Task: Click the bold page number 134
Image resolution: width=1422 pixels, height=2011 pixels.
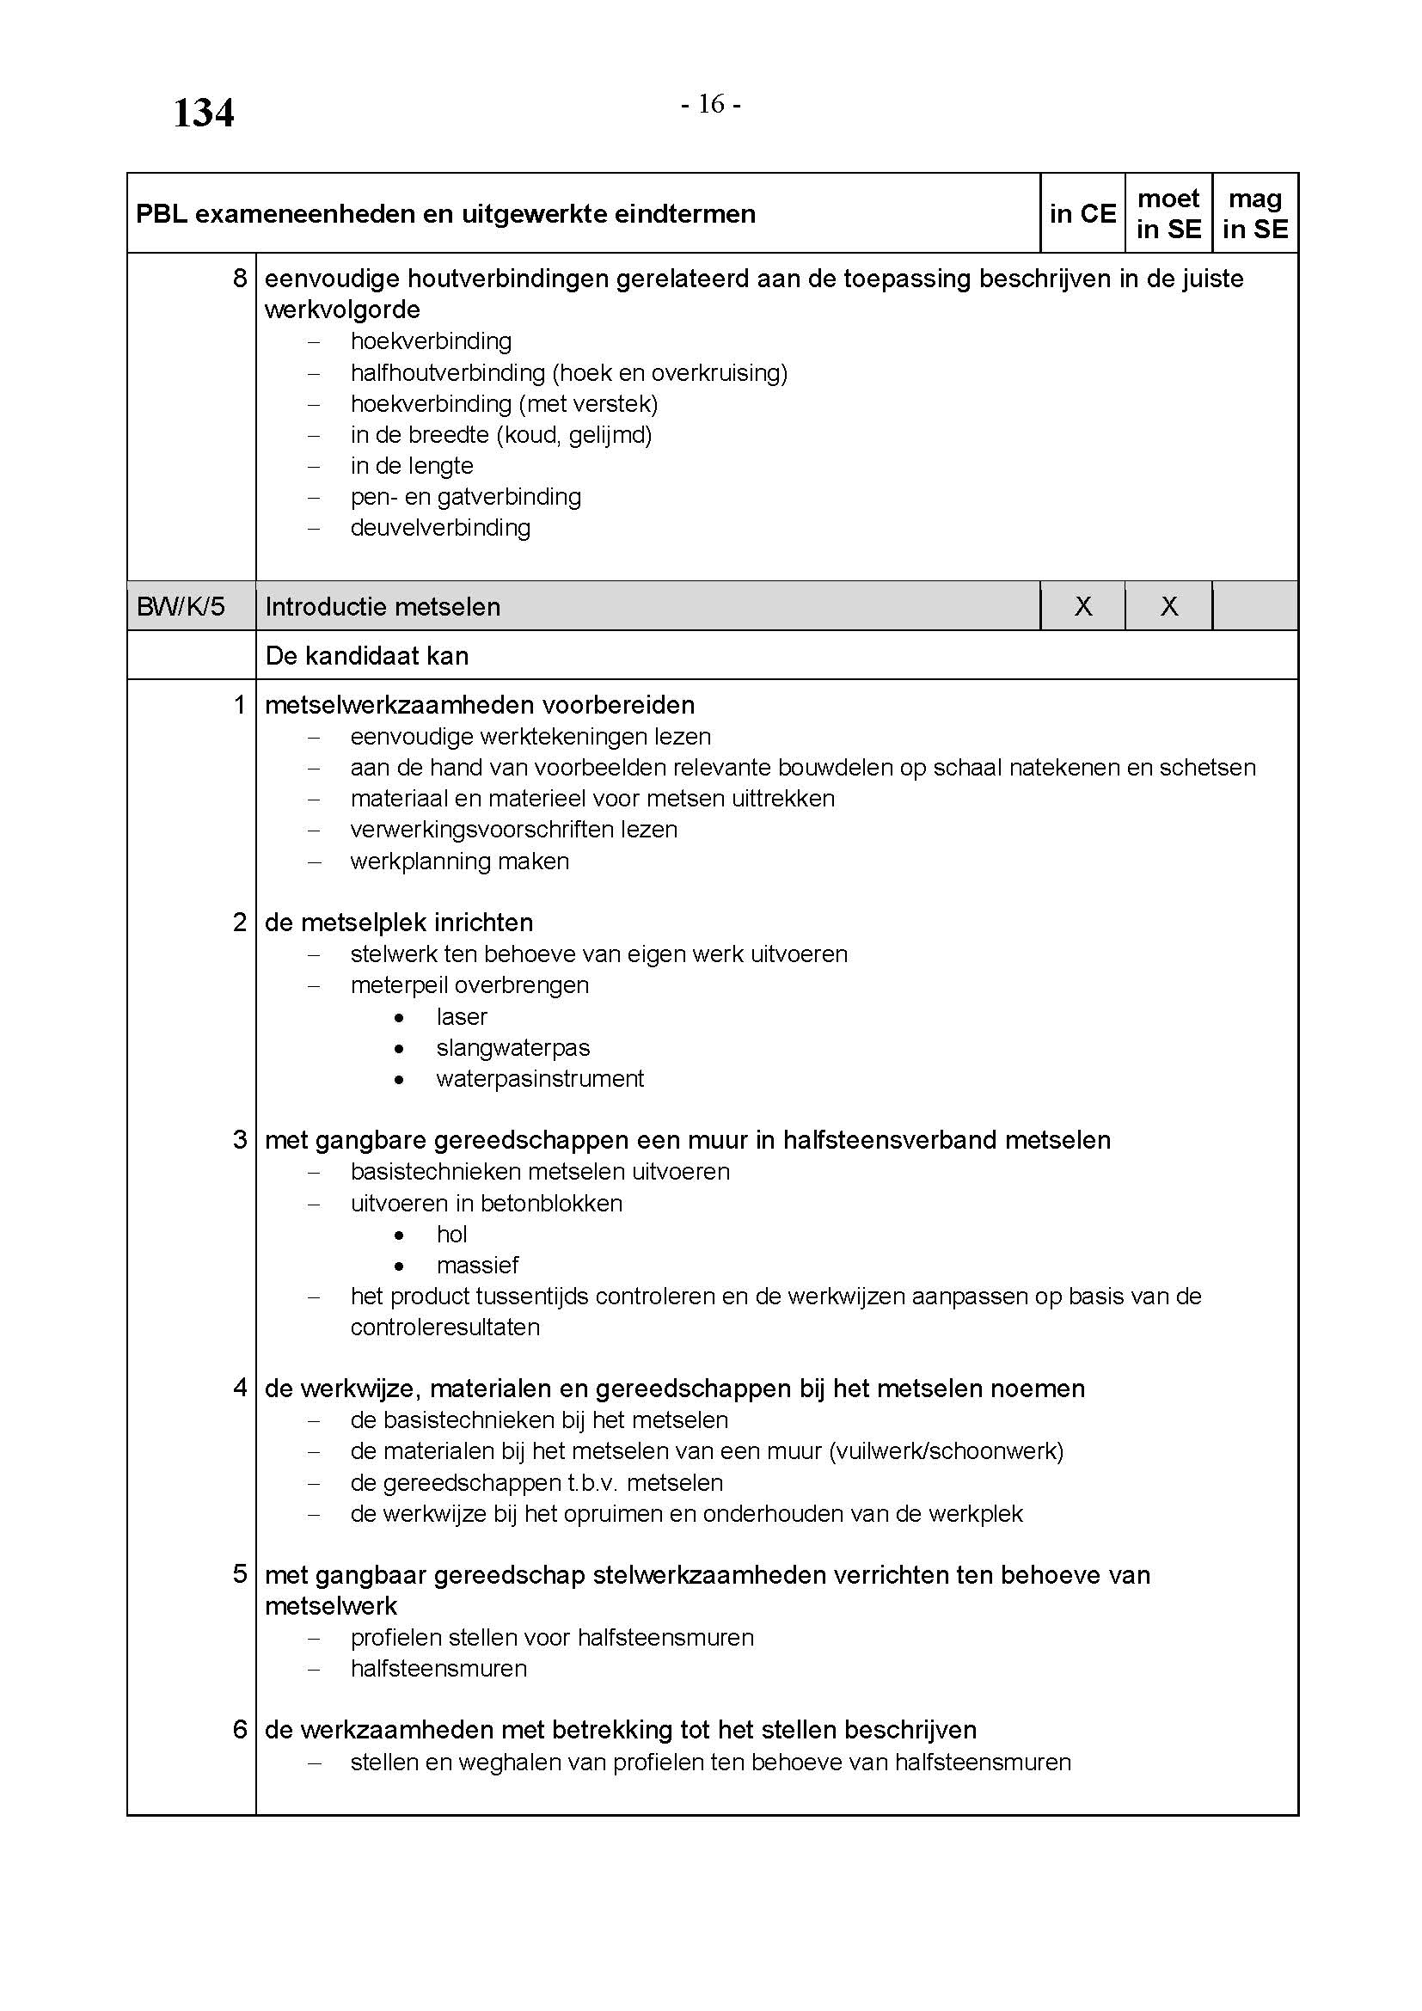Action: (203, 113)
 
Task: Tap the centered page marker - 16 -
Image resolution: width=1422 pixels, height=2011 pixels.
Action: (711, 105)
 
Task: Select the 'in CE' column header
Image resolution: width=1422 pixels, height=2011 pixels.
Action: (1082, 214)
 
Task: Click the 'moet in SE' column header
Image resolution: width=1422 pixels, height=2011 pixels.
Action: (1168, 214)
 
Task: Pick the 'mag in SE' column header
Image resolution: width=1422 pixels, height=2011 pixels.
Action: (1254, 214)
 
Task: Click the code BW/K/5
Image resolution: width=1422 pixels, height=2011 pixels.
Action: (181, 606)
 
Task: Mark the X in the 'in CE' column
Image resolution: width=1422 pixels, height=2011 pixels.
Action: (1083, 606)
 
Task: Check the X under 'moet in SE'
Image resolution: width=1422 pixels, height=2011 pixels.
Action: (1169, 606)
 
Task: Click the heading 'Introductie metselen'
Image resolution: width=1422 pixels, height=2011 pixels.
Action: (383, 606)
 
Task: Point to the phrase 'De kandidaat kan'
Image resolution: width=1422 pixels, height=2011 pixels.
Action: (367, 656)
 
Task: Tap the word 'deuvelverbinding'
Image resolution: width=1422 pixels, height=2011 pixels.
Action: (440, 528)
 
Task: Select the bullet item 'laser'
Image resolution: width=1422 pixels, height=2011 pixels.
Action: (462, 1017)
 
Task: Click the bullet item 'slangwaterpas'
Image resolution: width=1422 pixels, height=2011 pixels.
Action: (513, 1047)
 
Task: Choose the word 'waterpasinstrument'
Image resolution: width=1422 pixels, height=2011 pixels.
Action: (540, 1079)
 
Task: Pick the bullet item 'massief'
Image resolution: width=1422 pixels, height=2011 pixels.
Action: (477, 1266)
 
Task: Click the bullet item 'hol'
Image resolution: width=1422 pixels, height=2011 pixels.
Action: (452, 1234)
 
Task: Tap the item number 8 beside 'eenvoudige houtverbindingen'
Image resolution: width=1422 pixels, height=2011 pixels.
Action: (240, 279)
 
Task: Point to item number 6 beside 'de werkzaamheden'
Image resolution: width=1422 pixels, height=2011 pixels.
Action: (240, 1730)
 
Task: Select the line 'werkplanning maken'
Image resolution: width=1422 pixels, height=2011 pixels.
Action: (460, 861)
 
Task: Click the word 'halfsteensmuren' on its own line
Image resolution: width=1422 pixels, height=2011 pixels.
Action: (438, 1669)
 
